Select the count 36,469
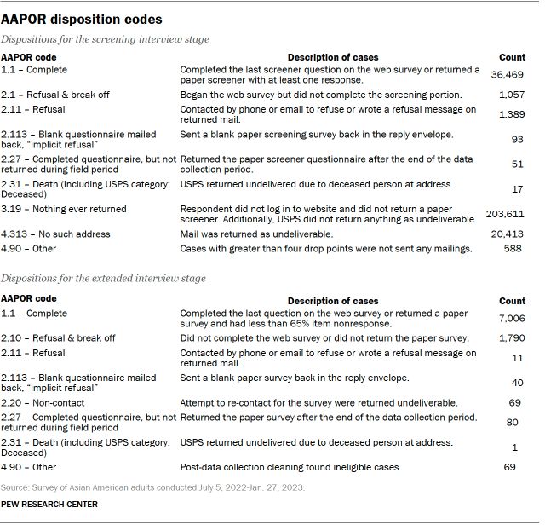508,75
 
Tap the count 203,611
506,215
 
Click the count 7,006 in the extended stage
511,318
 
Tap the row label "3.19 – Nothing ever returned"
63,209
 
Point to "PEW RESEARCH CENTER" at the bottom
49,505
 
